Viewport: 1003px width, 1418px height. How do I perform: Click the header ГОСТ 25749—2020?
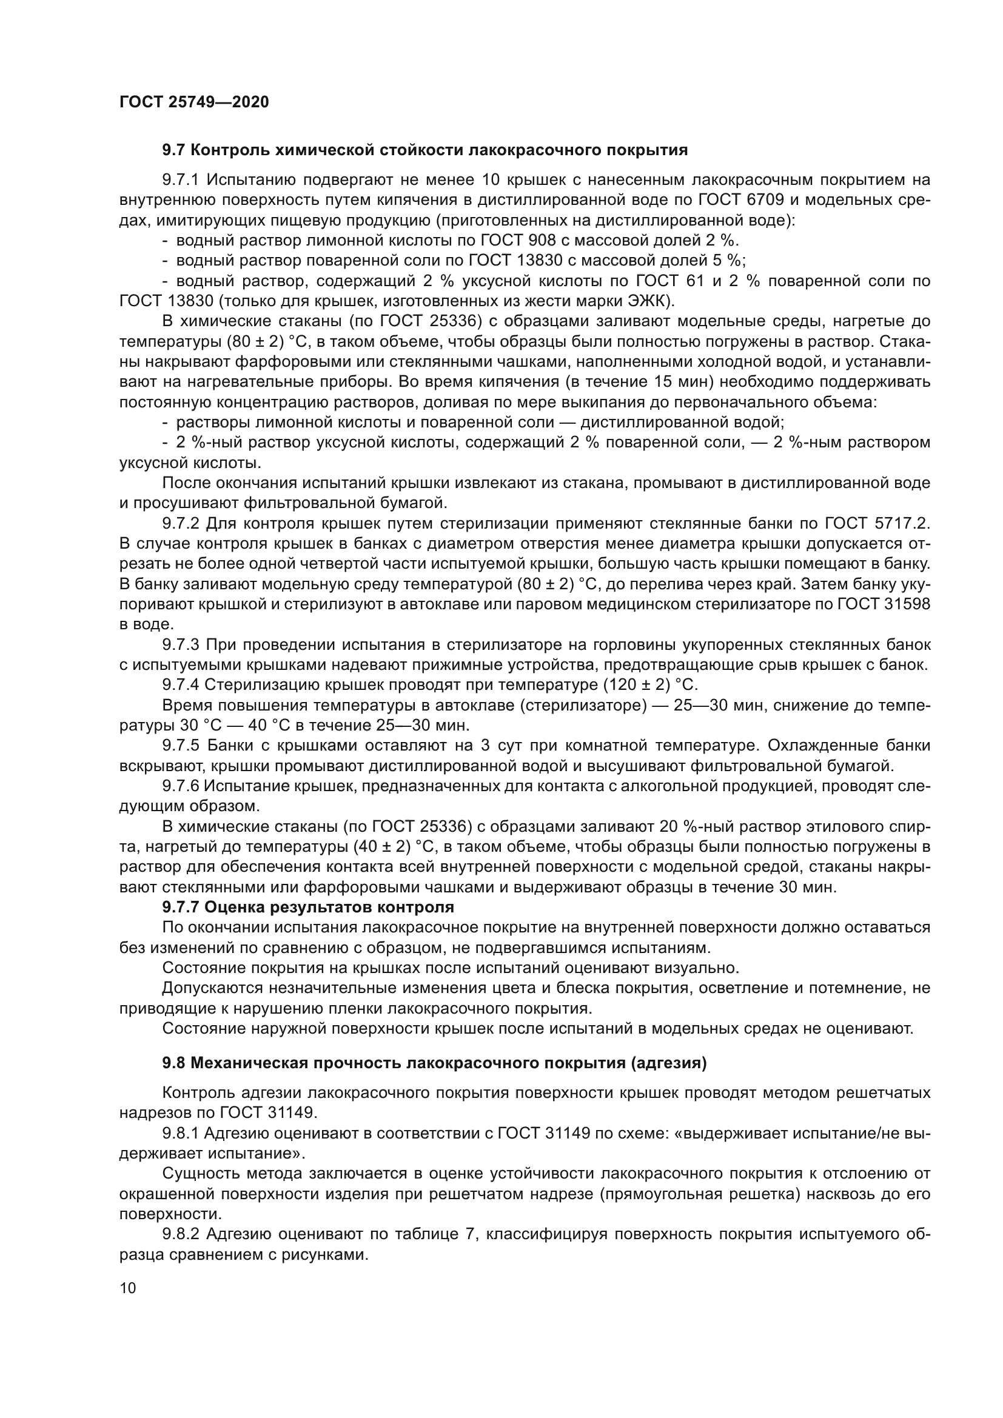(x=194, y=102)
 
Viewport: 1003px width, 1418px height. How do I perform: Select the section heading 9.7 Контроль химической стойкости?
(x=425, y=150)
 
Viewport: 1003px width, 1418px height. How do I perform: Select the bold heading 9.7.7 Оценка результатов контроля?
(x=308, y=908)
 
